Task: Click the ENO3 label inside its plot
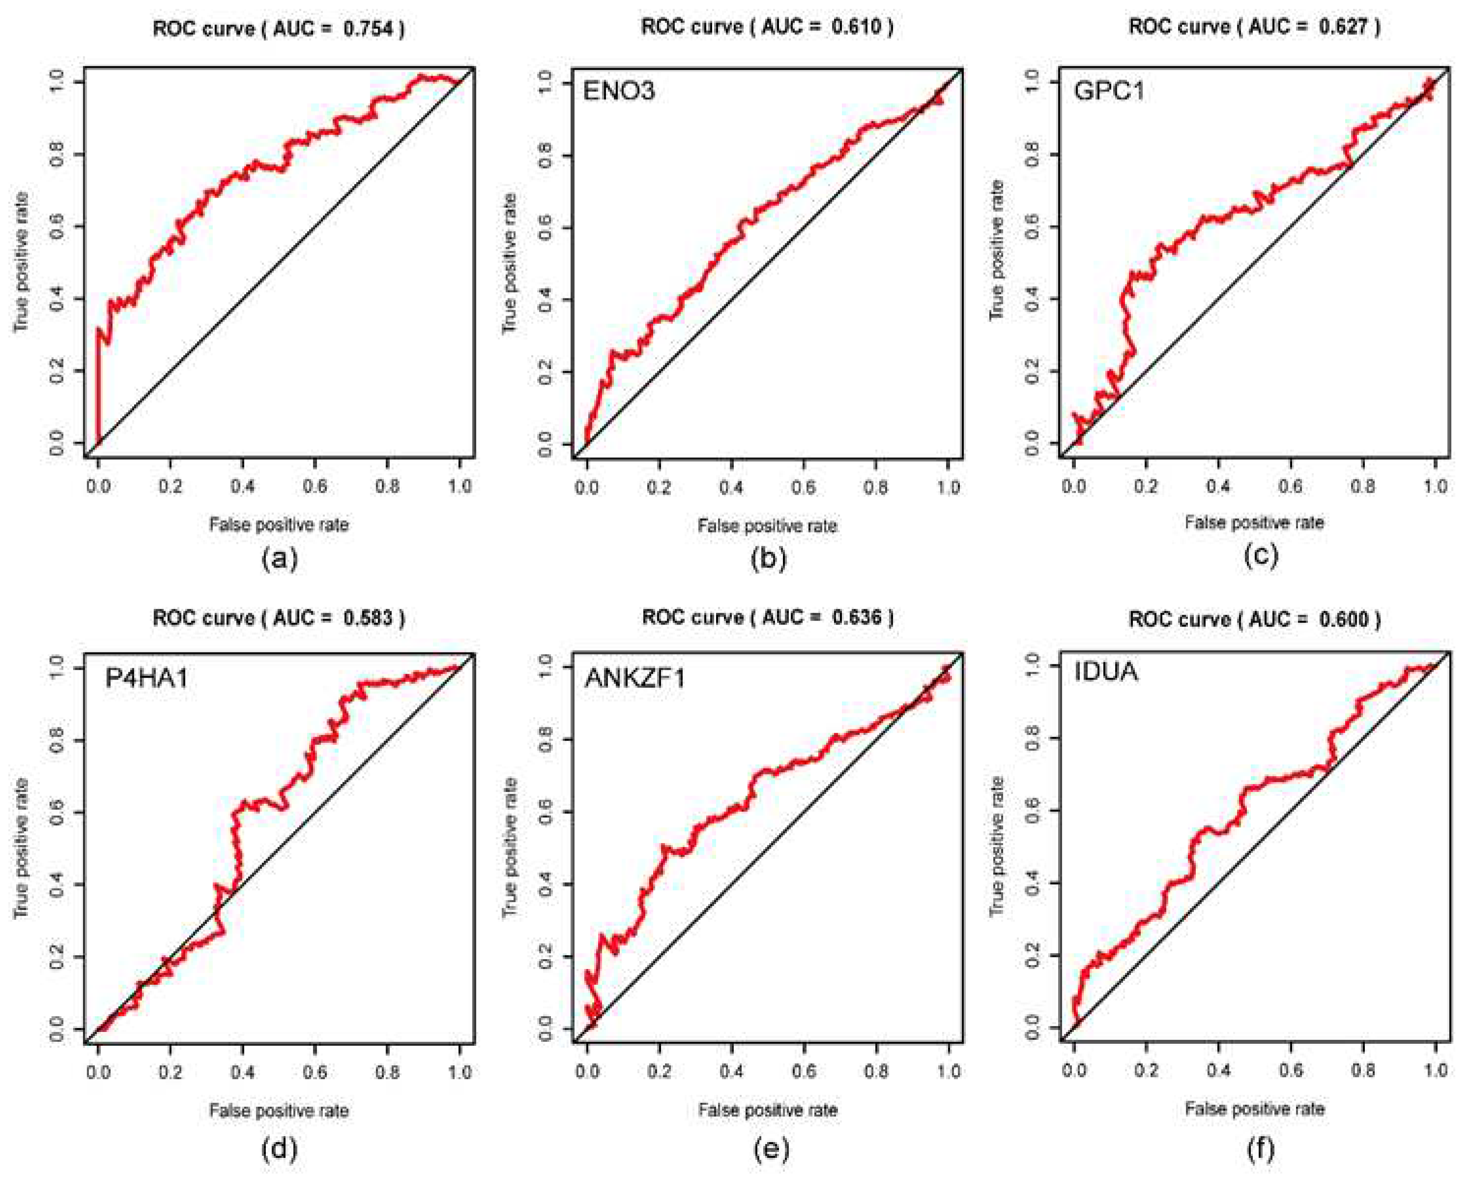click(x=618, y=90)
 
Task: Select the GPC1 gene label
click(x=1109, y=90)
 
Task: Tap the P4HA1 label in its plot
click(x=146, y=678)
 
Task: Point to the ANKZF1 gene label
click(x=635, y=678)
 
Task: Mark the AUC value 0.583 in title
click(x=368, y=618)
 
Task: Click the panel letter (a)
click(x=280, y=559)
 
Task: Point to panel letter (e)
click(x=771, y=1149)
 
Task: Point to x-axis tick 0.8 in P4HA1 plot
click(x=387, y=1072)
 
